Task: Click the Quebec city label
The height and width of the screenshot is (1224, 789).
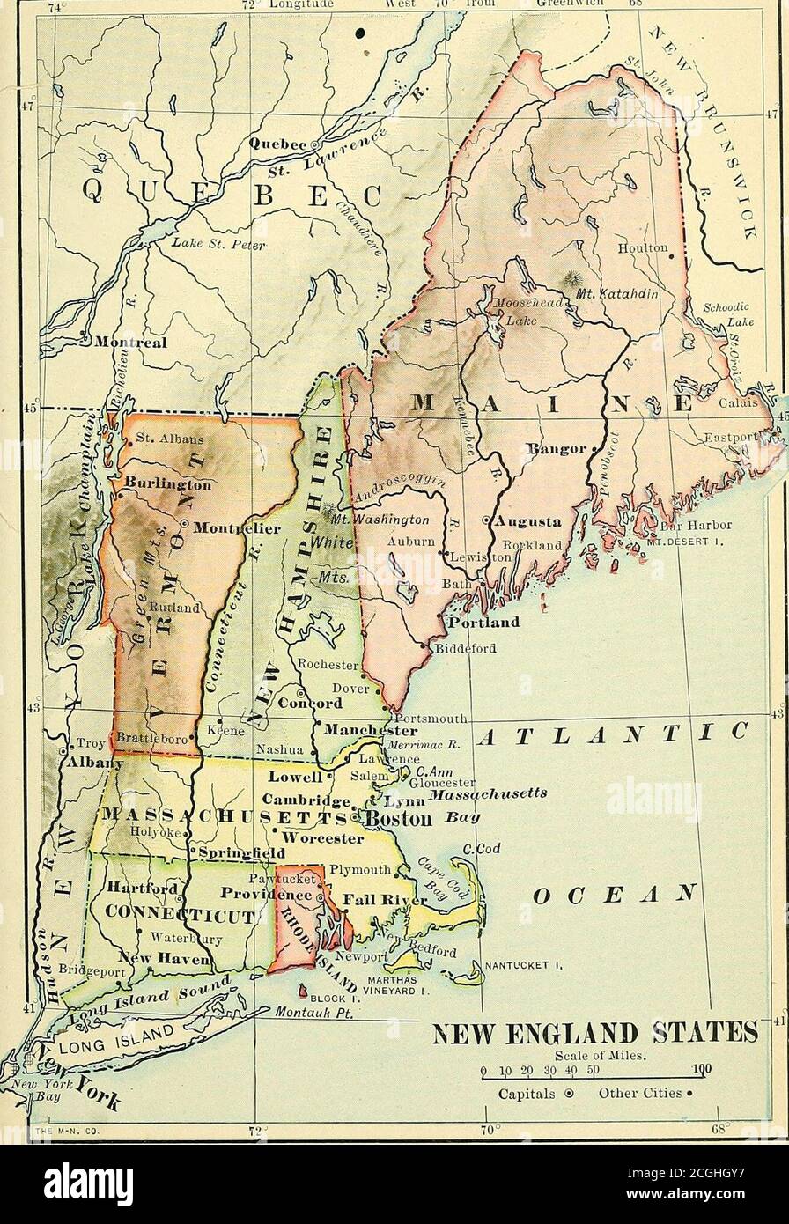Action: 277,143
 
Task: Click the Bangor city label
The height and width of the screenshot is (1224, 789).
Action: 553,449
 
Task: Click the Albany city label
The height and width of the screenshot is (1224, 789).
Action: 91,763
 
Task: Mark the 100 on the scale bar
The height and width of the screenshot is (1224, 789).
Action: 701,1072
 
